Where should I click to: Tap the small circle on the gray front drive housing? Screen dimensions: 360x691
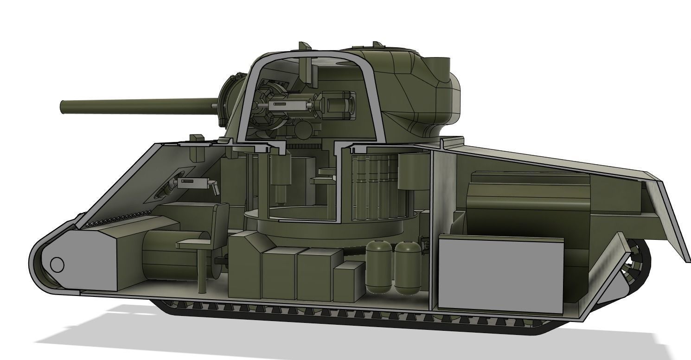pyautogui.click(x=57, y=265)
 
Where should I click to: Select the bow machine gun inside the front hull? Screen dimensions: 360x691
pyautogui.click(x=194, y=183)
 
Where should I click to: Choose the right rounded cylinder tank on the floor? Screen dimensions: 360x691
pyautogui.click(x=407, y=268)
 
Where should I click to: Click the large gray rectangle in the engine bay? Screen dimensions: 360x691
pyautogui.click(x=501, y=274)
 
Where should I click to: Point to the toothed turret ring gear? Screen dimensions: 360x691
pyautogui.click(x=309, y=146)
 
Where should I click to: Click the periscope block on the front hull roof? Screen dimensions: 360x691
pyautogui.click(x=197, y=139)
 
